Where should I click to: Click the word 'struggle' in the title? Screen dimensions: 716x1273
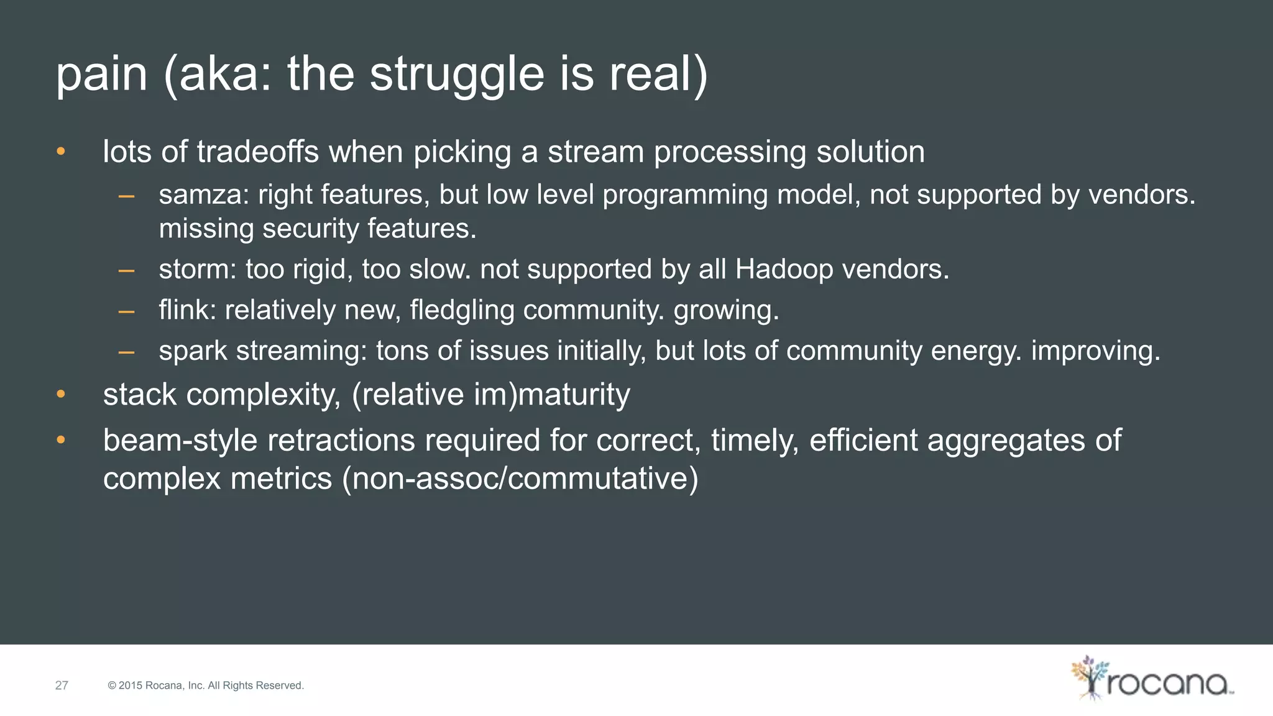tap(456, 75)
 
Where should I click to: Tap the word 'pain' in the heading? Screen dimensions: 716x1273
tap(102, 75)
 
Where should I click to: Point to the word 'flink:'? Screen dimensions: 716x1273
tap(187, 310)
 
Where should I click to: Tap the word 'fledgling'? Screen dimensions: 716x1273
tap(462, 310)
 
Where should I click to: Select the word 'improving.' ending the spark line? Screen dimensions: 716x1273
tap(1096, 351)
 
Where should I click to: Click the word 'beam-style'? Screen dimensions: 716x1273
tap(180, 441)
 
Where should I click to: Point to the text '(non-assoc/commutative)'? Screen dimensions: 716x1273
tap(520, 479)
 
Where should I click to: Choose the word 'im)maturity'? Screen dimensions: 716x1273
tap(552, 395)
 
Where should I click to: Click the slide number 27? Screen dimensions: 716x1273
tap(62, 686)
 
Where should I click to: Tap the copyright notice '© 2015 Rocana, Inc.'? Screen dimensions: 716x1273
tap(206, 686)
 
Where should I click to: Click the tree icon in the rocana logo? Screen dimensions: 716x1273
tap(1089, 677)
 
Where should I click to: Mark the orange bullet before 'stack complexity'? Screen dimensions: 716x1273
tap(60, 394)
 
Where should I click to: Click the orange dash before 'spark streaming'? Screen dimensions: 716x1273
tap(127, 352)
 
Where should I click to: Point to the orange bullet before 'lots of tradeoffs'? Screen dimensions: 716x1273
tap(60, 151)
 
